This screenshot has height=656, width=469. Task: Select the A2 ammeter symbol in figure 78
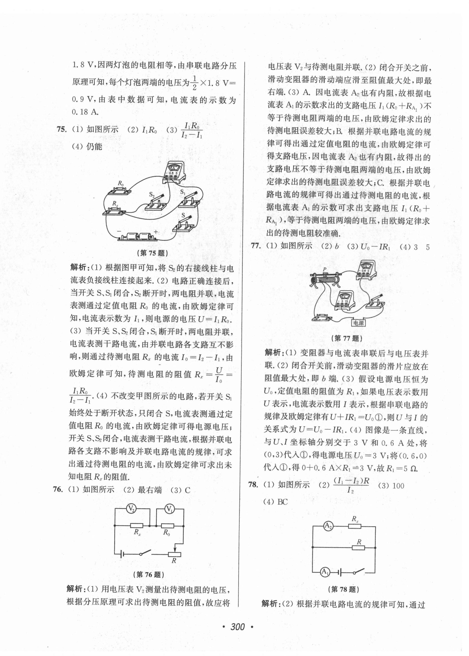pyautogui.click(x=328, y=526)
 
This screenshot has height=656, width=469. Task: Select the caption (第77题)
pyautogui.click(x=347, y=338)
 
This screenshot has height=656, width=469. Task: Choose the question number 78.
pyautogui.click(x=253, y=485)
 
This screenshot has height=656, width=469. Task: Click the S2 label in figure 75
pyautogui.click(x=152, y=195)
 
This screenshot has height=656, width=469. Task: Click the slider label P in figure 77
pyautogui.click(x=325, y=269)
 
